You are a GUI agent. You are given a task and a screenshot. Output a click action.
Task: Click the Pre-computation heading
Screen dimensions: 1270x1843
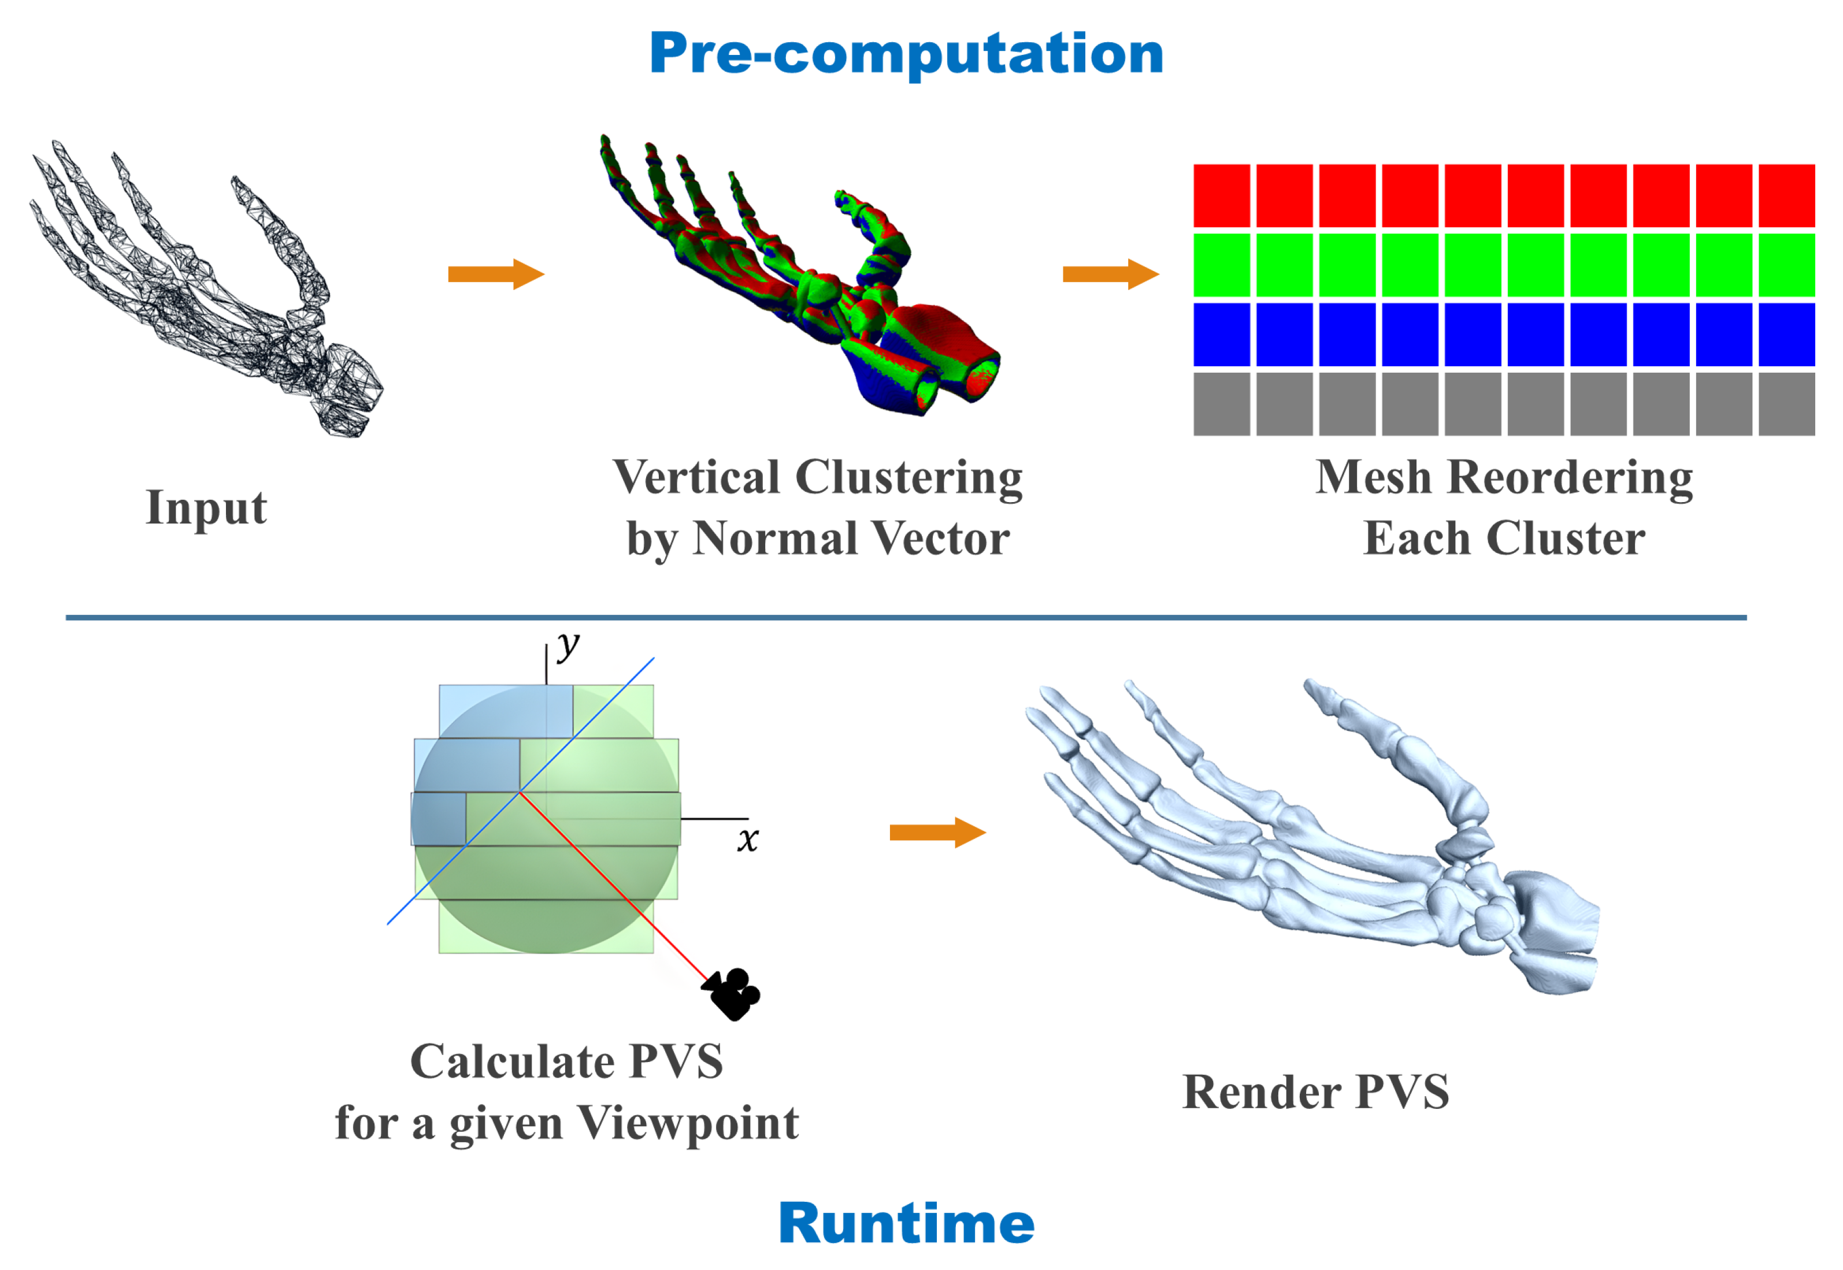pyautogui.click(x=906, y=54)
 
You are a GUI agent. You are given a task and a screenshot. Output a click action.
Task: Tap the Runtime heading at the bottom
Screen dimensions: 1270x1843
pyautogui.click(x=906, y=1223)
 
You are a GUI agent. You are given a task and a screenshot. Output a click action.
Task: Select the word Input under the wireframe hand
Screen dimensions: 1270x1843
pyautogui.click(x=206, y=508)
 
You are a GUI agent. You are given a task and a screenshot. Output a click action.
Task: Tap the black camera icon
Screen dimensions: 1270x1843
pyautogui.click(x=732, y=993)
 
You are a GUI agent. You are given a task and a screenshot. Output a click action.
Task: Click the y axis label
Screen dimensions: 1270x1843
pyautogui.click(x=568, y=645)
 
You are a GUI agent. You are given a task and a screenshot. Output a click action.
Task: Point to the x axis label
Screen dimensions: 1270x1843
pyautogui.click(x=747, y=840)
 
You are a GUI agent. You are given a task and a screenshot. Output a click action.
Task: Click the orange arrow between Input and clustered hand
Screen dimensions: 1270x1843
pyautogui.click(x=495, y=274)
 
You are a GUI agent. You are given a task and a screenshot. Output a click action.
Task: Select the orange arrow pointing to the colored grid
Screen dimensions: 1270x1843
pyautogui.click(x=1110, y=274)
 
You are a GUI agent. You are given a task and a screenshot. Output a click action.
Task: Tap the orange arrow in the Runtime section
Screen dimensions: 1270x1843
pyautogui.click(x=937, y=833)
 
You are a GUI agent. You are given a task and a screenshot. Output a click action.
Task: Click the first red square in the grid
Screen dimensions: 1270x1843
pyautogui.click(x=1222, y=196)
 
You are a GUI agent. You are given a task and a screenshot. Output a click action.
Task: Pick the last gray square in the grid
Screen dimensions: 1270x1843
pyautogui.click(x=1786, y=404)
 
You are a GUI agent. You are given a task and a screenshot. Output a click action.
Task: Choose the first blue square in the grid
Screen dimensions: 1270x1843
pyautogui.click(x=1222, y=334)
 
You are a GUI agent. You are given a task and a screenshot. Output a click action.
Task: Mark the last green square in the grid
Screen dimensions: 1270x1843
pyautogui.click(x=1786, y=265)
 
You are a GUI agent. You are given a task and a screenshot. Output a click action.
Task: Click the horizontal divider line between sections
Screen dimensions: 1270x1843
pyautogui.click(x=906, y=618)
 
